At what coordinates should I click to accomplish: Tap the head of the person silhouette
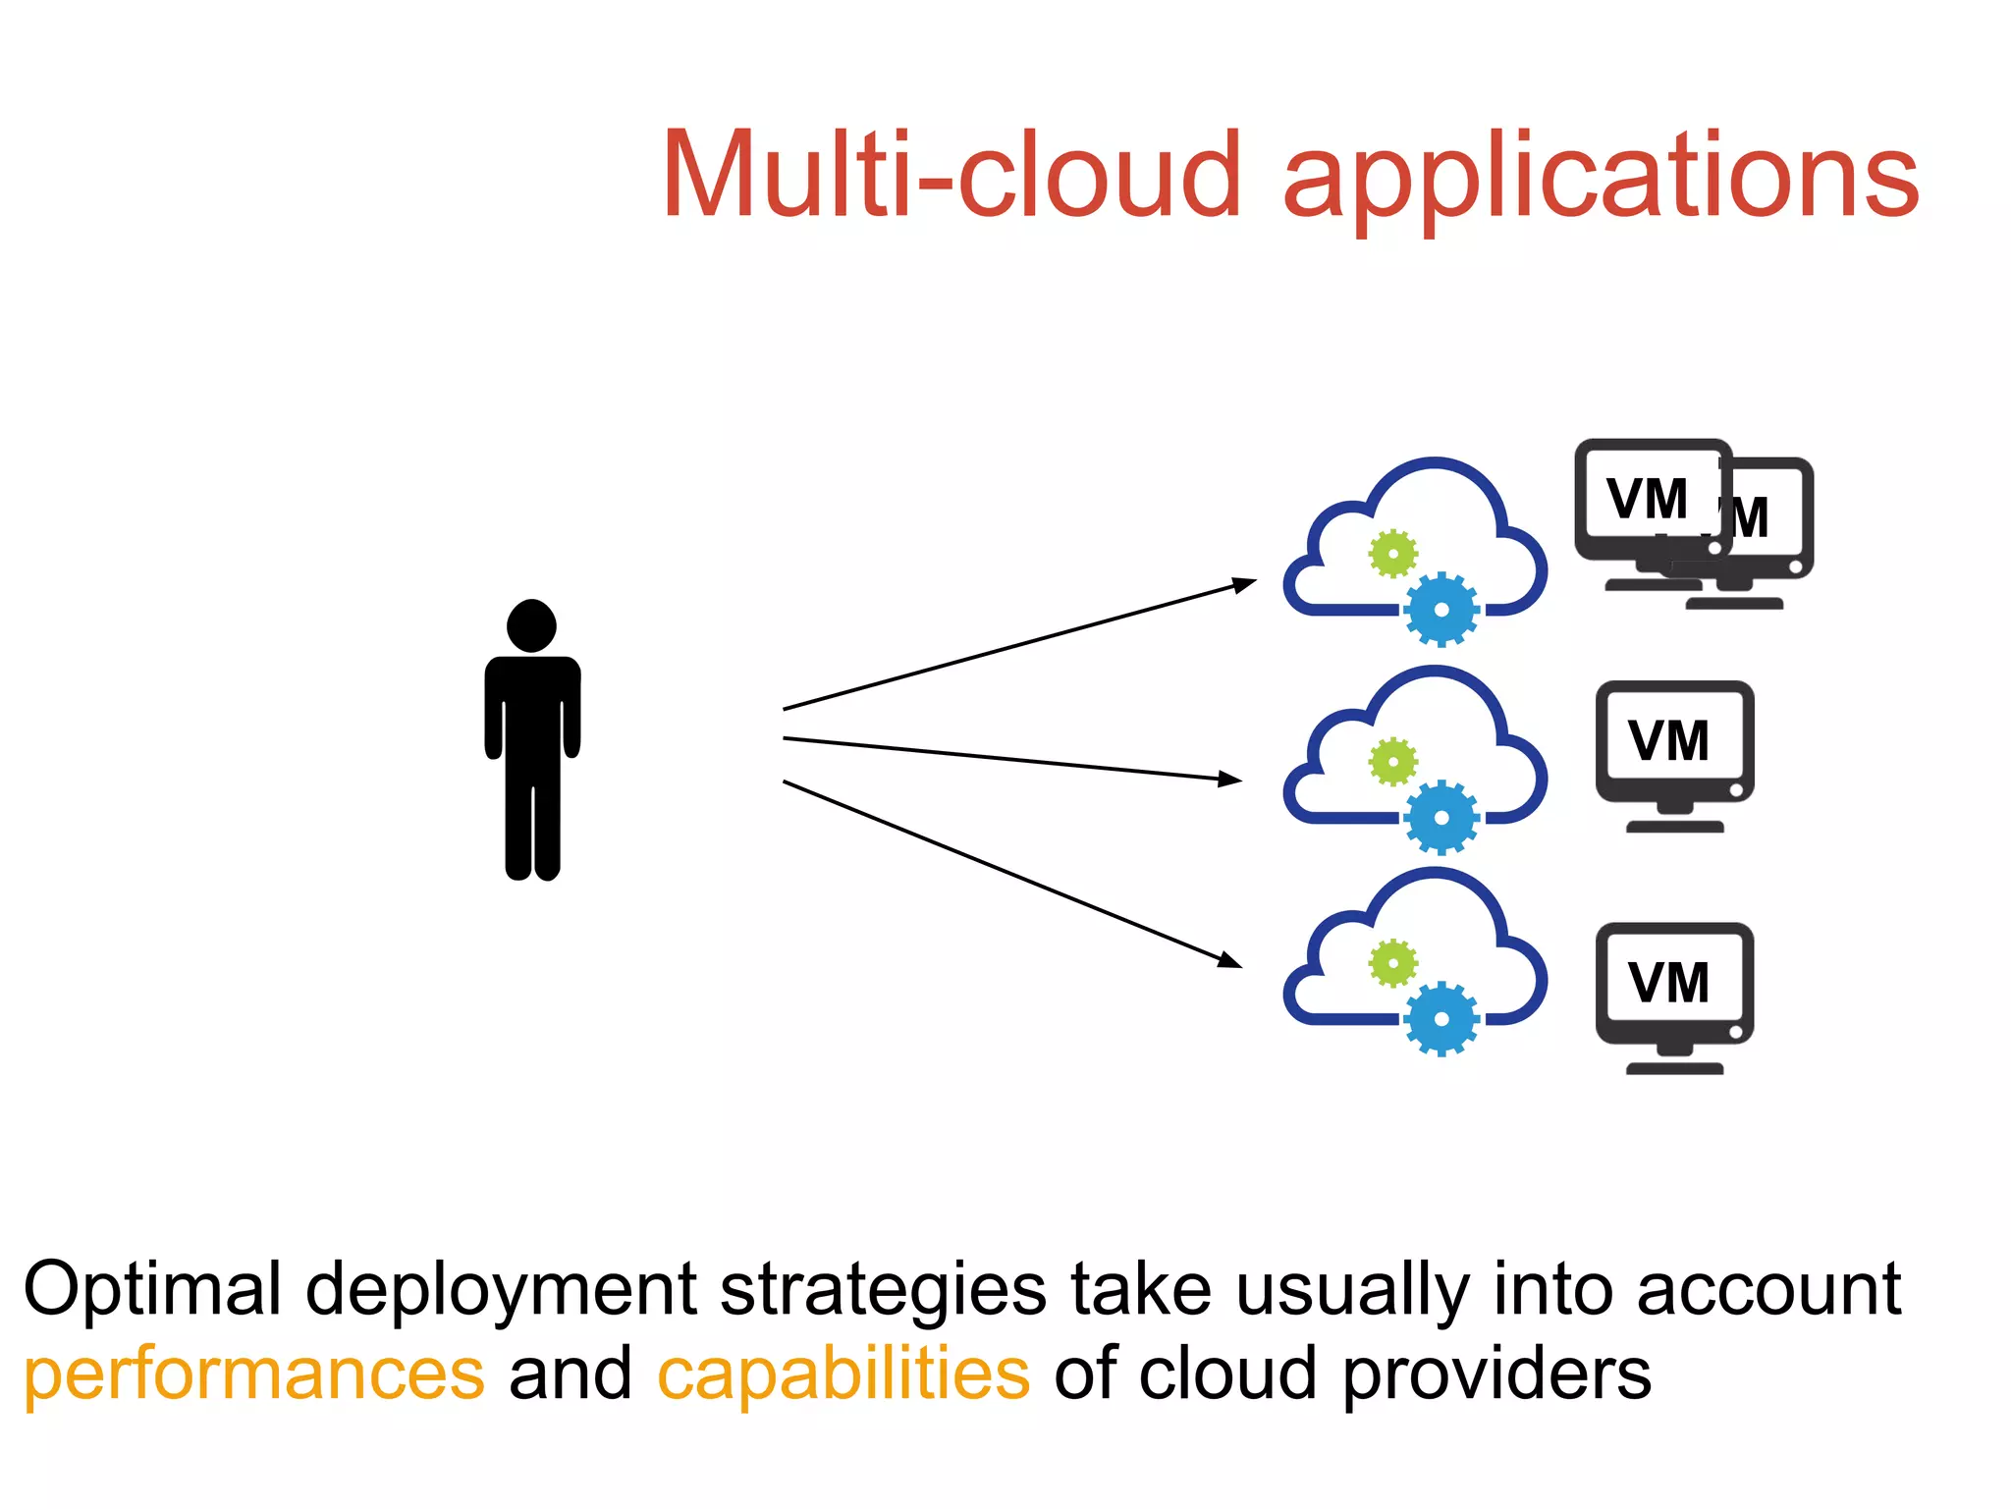pyautogui.click(x=531, y=625)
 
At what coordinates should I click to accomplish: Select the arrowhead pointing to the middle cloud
pyautogui.click(x=1230, y=779)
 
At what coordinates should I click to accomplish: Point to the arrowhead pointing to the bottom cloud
pyautogui.click(x=1229, y=960)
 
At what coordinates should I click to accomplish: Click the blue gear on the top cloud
pyautogui.click(x=1440, y=610)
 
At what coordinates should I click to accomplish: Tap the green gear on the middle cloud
pyautogui.click(x=1393, y=762)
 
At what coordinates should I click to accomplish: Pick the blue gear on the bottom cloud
pyautogui.click(x=1440, y=1019)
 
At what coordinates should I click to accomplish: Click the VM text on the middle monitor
pyautogui.click(x=1668, y=741)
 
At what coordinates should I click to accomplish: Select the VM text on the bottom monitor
pyautogui.click(x=1668, y=983)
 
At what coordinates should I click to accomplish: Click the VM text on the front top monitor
pyautogui.click(x=1647, y=500)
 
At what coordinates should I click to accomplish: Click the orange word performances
pyautogui.click(x=254, y=1374)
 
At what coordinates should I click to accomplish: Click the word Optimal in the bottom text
pyautogui.click(x=151, y=1289)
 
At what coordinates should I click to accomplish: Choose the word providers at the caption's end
pyautogui.click(x=1496, y=1374)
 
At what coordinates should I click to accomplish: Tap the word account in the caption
pyautogui.click(x=1768, y=1289)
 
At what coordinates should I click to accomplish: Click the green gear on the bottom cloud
pyautogui.click(x=1393, y=964)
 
